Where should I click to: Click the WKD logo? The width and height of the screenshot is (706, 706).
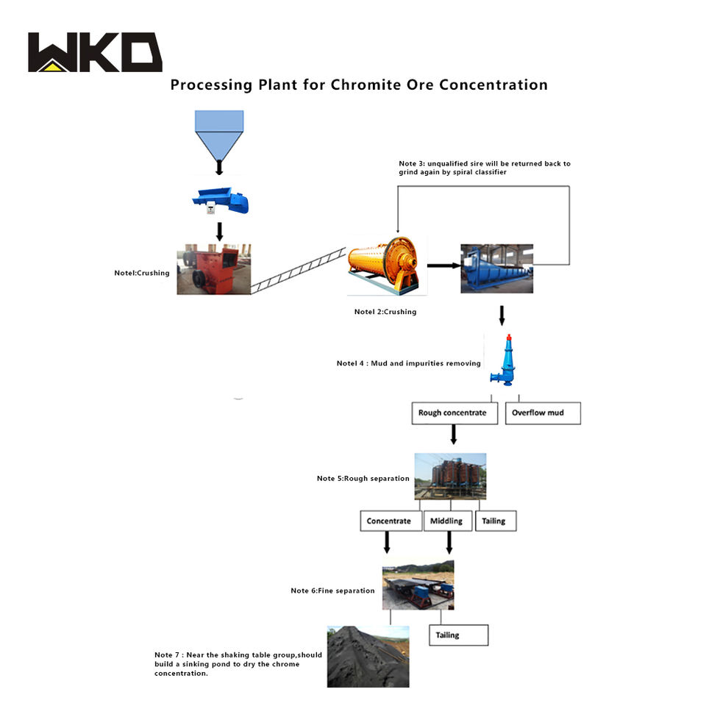(x=95, y=51)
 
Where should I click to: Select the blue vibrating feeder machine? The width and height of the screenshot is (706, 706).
(x=221, y=201)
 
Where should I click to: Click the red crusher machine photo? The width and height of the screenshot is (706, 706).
(x=213, y=269)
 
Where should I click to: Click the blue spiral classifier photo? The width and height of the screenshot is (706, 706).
(x=496, y=268)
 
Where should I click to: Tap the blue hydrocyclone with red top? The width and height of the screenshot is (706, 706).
(x=504, y=360)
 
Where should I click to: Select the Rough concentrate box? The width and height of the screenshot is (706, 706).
(x=454, y=413)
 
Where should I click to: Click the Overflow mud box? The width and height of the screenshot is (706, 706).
(x=543, y=413)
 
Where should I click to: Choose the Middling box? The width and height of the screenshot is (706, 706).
(x=448, y=521)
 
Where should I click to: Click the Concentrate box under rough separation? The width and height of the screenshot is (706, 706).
(x=391, y=521)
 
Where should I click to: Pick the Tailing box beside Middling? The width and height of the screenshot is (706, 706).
(x=496, y=521)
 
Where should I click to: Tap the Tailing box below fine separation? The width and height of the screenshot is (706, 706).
(x=458, y=635)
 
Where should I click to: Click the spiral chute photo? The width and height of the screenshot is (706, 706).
(x=450, y=477)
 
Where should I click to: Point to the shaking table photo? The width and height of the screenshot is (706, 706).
(x=418, y=585)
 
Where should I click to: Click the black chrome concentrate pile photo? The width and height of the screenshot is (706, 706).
(x=368, y=657)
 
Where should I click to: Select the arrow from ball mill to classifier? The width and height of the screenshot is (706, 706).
(x=444, y=265)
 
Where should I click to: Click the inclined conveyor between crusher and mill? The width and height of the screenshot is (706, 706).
(x=298, y=271)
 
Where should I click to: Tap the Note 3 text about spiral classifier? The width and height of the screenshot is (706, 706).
(x=485, y=168)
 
